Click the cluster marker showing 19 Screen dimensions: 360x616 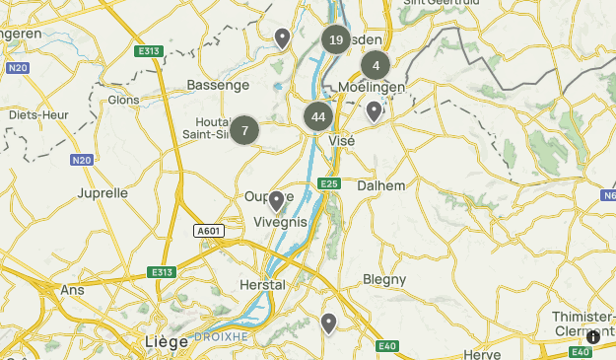click(x=336, y=39)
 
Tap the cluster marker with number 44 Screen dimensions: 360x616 click(x=317, y=116)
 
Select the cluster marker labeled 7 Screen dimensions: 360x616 click(x=244, y=130)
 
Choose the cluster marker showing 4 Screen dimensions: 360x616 click(x=376, y=66)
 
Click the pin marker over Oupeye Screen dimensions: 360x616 click(x=277, y=202)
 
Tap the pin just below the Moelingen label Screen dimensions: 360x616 click(x=374, y=111)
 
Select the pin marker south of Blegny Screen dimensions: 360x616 click(x=328, y=324)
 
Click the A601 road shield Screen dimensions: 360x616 click(x=208, y=231)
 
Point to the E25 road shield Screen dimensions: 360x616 click(x=329, y=183)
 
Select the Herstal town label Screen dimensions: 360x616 click(x=262, y=284)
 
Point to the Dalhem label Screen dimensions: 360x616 click(x=381, y=184)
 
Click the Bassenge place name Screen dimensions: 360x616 click(x=218, y=86)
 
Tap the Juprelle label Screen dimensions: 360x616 click(x=103, y=192)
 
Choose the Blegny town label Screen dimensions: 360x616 click(x=384, y=279)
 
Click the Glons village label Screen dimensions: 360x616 click(x=123, y=100)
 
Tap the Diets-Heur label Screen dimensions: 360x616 click(x=38, y=114)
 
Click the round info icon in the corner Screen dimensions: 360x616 click(x=592, y=337)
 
